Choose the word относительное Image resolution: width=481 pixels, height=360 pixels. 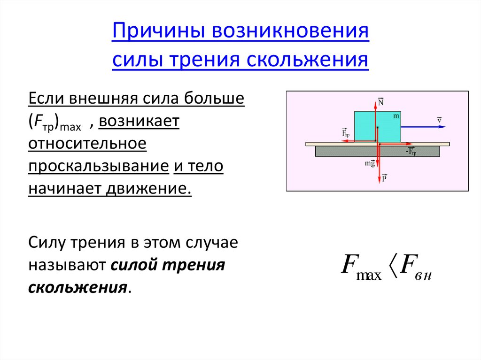tap(87, 144)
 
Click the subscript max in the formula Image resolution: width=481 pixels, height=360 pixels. tap(370, 275)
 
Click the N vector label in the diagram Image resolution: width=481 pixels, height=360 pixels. tap(380, 102)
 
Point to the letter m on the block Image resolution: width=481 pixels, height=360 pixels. tap(396, 115)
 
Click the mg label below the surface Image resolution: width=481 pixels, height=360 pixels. tap(370, 163)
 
